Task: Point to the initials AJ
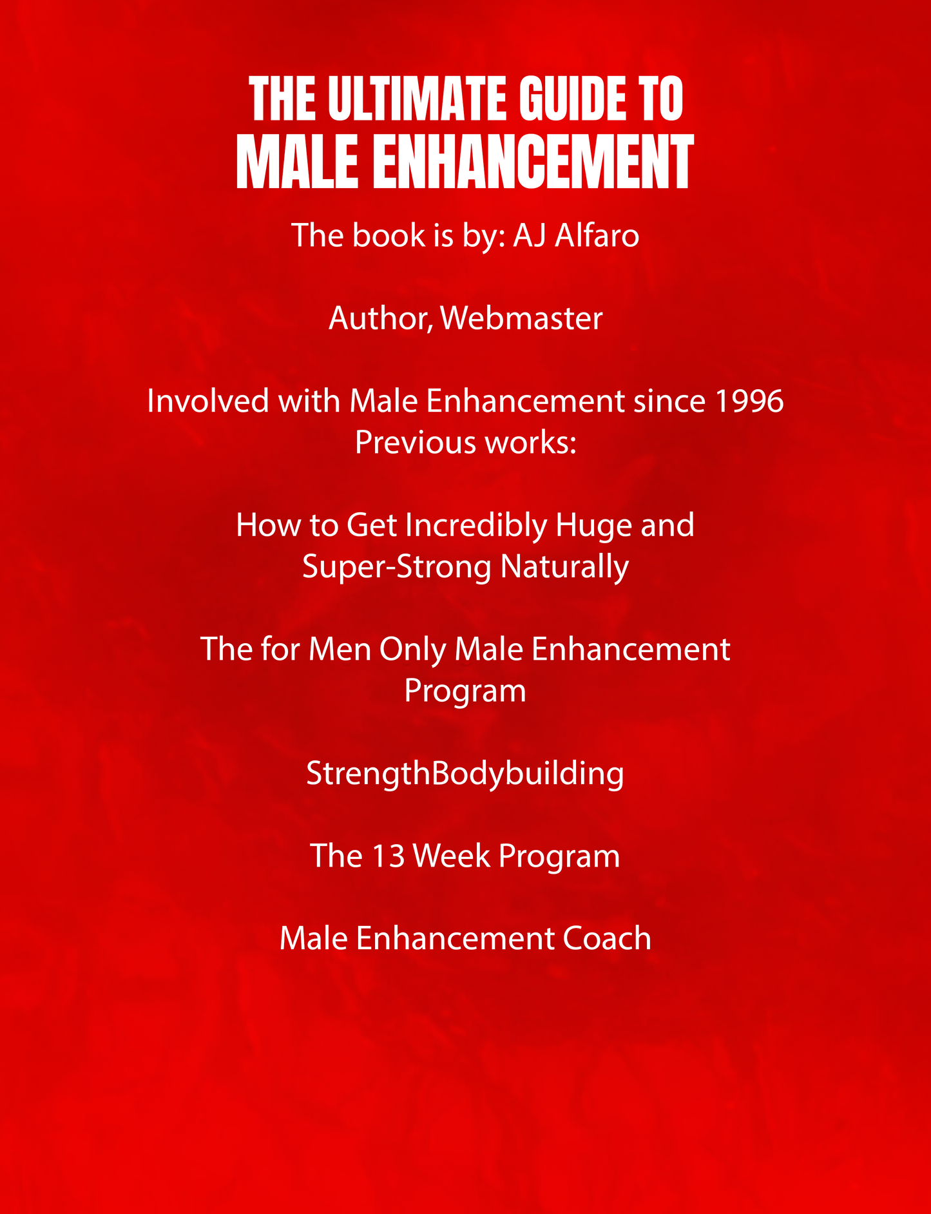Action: click(x=530, y=235)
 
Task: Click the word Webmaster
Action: click(x=522, y=318)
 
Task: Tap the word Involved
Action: click(x=207, y=401)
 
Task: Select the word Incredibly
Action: click(x=475, y=525)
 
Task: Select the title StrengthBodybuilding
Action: click(x=465, y=773)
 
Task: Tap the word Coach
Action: click(x=606, y=938)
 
